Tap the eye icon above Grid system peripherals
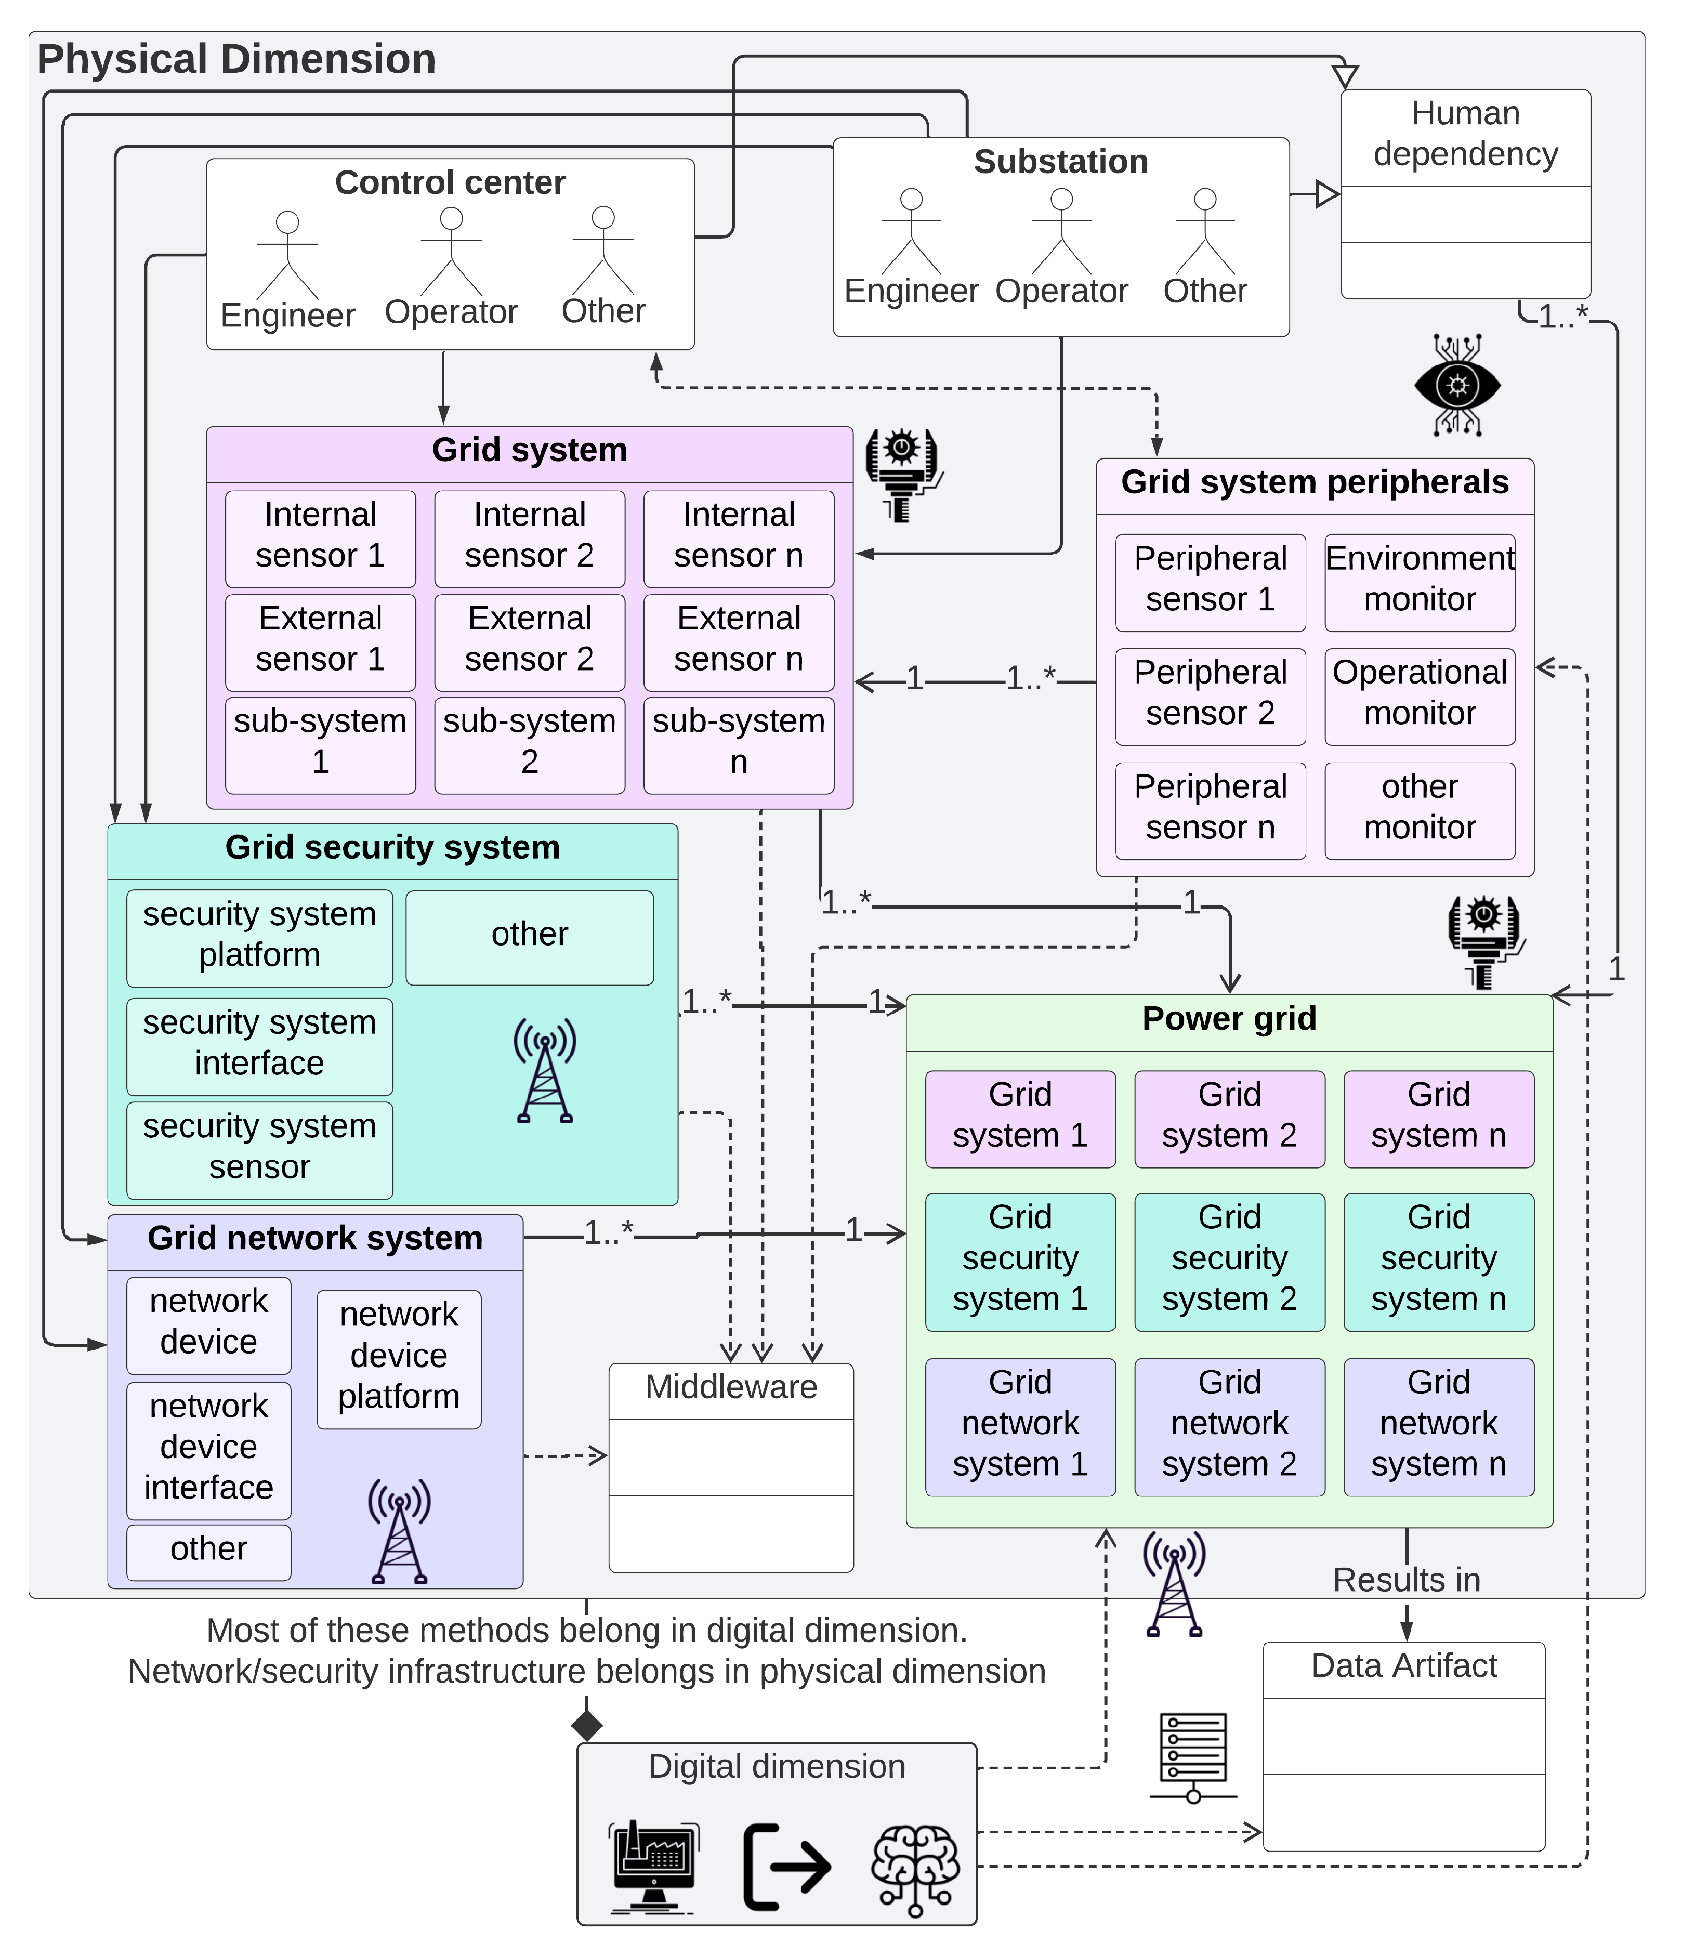click(x=1457, y=385)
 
